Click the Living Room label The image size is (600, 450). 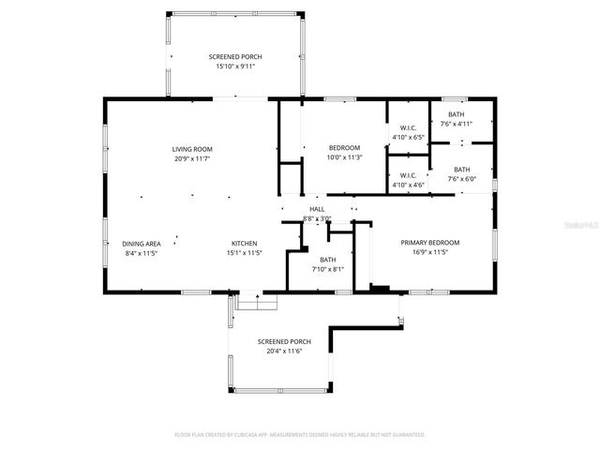pyautogui.click(x=192, y=149)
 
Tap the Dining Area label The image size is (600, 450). pyautogui.click(x=141, y=243)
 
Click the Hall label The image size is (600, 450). pyautogui.click(x=317, y=209)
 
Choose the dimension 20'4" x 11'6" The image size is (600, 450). pyautogui.click(x=284, y=351)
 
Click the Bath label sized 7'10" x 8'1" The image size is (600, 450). pyautogui.click(x=327, y=260)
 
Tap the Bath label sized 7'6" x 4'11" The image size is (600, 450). pyautogui.click(x=456, y=114)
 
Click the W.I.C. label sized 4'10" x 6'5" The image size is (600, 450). pyautogui.click(x=408, y=127)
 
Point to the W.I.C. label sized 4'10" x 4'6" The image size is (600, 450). pyautogui.click(x=408, y=175)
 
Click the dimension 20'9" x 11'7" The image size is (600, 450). pyautogui.click(x=192, y=158)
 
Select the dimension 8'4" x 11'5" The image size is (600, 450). pyautogui.click(x=141, y=252)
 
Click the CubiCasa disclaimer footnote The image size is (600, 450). pyautogui.click(x=300, y=435)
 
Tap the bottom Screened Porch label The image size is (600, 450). pyautogui.click(x=284, y=341)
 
